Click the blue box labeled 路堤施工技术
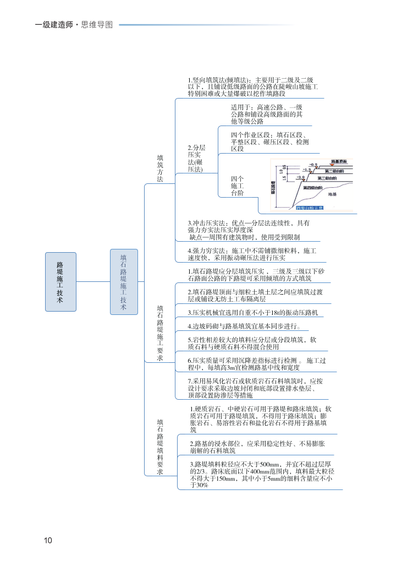pyautogui.click(x=60, y=281)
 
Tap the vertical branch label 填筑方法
pyautogui.click(x=160, y=168)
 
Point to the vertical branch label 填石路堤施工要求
pyautogui.click(x=160, y=333)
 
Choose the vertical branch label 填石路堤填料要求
pyautogui.click(x=160, y=447)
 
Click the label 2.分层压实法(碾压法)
pyautogui.click(x=196, y=159)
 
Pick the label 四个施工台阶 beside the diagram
pyautogui.click(x=237, y=186)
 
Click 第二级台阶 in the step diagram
pyautogui.click(x=335, y=171)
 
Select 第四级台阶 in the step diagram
pyautogui.click(x=313, y=188)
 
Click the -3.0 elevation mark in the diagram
pyautogui.click(x=299, y=177)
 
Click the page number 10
pyautogui.click(x=48, y=540)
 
